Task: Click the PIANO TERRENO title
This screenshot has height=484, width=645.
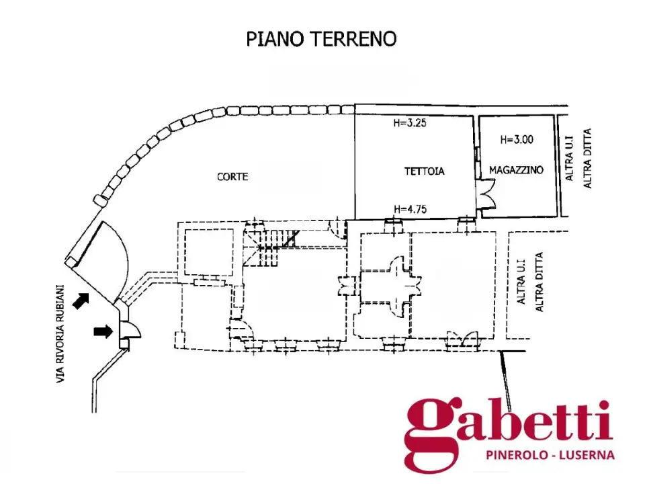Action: coord(321,39)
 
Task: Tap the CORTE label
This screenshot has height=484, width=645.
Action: coord(232,177)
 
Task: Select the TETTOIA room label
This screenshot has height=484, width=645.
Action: coord(424,171)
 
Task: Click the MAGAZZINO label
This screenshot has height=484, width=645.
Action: coord(516,169)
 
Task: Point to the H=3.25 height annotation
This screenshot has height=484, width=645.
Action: coord(410,122)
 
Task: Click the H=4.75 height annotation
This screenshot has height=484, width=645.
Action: coord(410,209)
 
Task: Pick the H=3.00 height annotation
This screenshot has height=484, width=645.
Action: coord(517,140)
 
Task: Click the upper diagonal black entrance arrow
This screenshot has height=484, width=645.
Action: coord(81,300)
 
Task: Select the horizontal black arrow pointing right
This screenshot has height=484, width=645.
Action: coord(103,331)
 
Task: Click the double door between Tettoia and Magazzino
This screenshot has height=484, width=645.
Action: coord(486,194)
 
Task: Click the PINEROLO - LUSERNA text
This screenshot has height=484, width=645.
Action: coord(550,455)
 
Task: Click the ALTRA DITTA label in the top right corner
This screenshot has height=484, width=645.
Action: coord(587,159)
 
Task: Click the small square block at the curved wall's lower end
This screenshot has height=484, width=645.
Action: coord(99,200)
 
